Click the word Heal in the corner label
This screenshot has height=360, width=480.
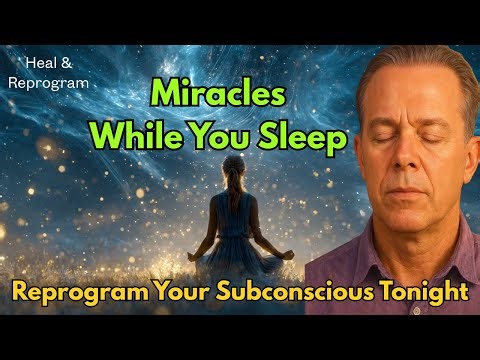coord(28,62)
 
